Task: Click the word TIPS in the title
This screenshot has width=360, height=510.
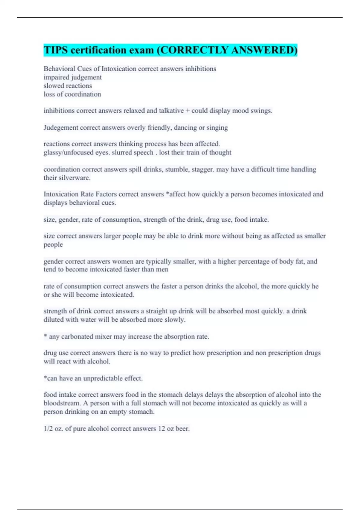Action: coord(56,50)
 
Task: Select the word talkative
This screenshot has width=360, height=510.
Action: coord(171,111)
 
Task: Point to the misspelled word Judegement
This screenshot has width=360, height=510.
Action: coord(61,128)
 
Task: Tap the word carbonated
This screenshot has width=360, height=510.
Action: coord(77,337)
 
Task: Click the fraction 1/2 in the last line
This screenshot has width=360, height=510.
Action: coord(48,429)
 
